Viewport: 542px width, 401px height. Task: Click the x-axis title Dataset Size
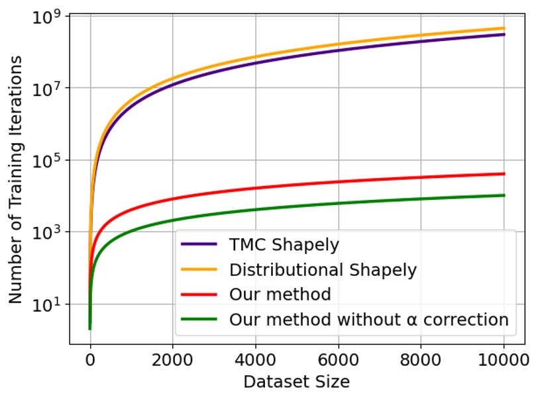(296, 382)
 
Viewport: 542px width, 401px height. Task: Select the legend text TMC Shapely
(284, 245)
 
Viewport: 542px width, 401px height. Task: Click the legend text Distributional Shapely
(323, 269)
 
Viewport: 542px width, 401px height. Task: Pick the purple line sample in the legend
(199, 245)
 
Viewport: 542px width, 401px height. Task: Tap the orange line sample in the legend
(199, 269)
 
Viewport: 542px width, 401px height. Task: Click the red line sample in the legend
(199, 294)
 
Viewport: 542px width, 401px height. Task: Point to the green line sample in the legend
(199, 320)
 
